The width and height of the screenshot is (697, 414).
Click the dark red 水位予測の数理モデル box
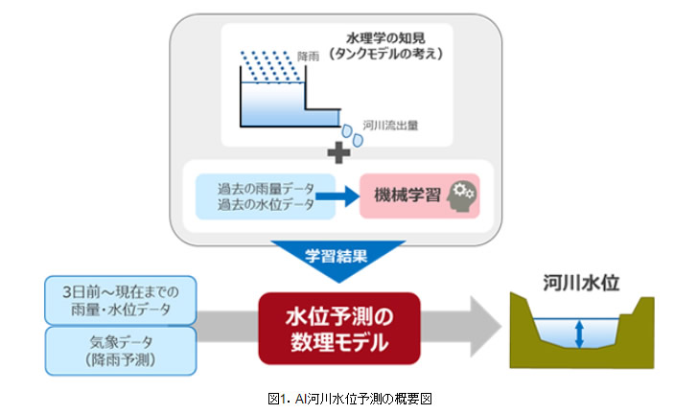click(339, 329)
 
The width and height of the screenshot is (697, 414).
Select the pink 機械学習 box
click(420, 195)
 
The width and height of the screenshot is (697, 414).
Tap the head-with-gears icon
click(461, 195)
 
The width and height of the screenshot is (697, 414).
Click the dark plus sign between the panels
click(338, 152)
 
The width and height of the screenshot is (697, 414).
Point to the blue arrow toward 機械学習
click(337, 195)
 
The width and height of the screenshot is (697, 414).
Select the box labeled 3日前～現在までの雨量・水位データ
click(121, 300)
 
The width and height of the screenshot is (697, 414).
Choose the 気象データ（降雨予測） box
click(121, 351)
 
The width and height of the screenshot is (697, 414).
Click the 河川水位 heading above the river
click(581, 283)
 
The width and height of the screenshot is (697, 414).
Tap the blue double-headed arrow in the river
click(579, 334)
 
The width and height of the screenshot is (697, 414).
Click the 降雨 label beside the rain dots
click(309, 57)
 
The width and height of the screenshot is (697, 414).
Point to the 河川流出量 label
click(390, 126)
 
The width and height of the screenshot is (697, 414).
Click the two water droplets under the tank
click(352, 135)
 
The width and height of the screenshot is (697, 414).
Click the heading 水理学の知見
click(385, 38)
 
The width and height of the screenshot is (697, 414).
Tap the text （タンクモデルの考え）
click(385, 54)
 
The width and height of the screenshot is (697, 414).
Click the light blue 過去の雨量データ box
click(266, 196)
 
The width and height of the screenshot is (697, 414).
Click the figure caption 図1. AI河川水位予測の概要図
click(350, 399)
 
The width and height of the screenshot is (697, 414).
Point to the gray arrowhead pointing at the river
click(486, 327)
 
